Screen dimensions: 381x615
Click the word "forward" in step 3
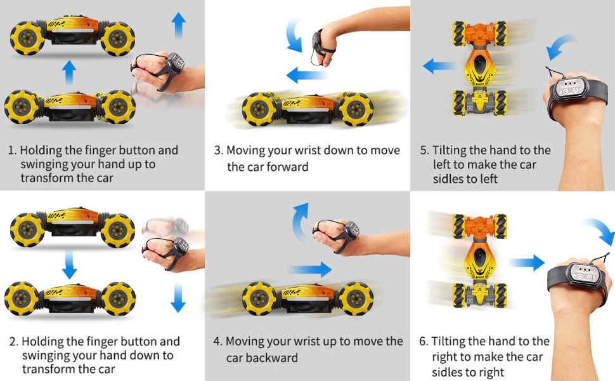tap(284, 167)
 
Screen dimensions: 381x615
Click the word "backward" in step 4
tap(262, 358)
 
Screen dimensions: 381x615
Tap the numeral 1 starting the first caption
tap(11, 150)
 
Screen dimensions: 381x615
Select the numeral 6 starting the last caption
tap(423, 341)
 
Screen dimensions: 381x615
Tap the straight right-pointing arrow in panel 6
tap(526, 262)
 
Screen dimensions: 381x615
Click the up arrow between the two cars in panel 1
tap(69, 72)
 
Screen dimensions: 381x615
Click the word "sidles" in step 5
tap(448, 179)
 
